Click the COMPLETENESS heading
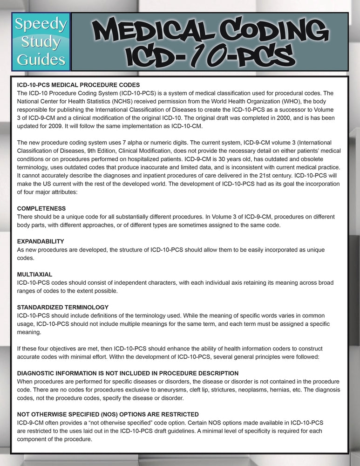[x=41, y=208]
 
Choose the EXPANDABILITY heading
[x=41, y=241]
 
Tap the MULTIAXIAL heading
[x=34, y=274]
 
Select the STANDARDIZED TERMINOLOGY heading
[x=62, y=308]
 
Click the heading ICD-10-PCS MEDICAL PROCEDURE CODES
[x=78, y=85]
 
